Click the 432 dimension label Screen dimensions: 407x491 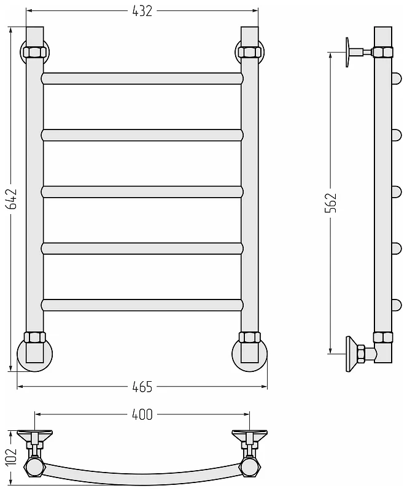tap(142, 11)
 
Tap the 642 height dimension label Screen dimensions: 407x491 tap(12, 199)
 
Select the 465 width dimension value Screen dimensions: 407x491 tap(142, 387)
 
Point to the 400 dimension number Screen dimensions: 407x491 tap(142, 415)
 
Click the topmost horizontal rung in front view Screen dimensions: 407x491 tap(142, 79)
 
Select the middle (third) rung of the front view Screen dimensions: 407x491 tap(142, 192)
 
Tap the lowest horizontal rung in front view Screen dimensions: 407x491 tap(142, 305)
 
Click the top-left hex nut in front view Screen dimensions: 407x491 tap(35, 52)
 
